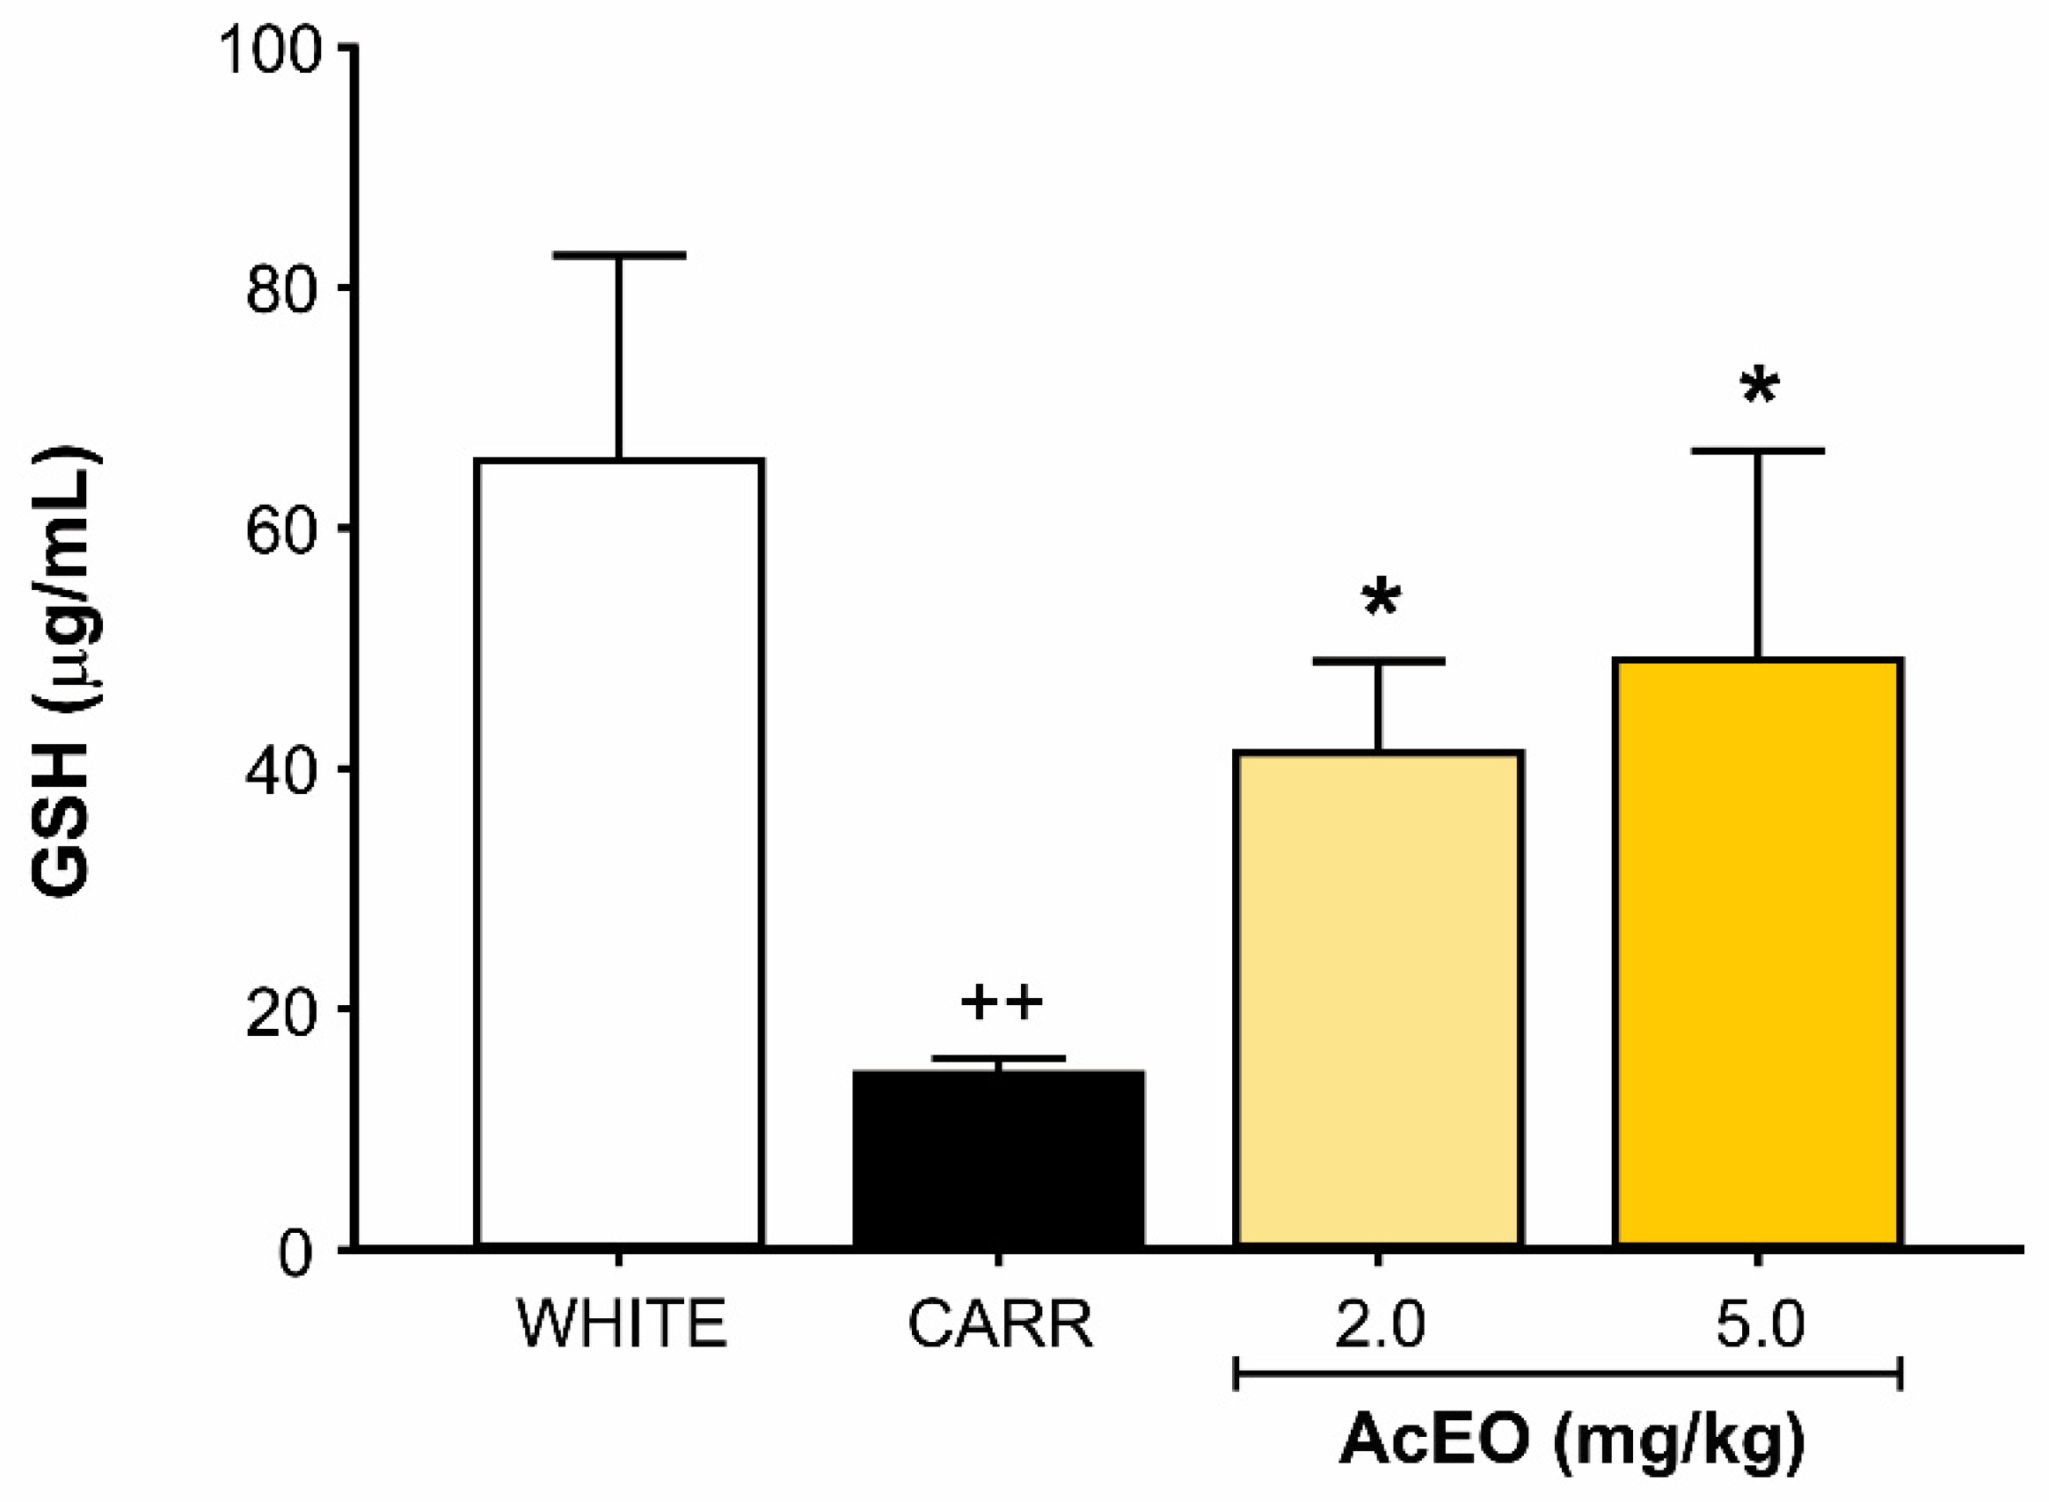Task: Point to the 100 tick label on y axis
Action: [x=270, y=50]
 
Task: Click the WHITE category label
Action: [x=622, y=1324]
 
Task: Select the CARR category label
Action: [x=1000, y=1324]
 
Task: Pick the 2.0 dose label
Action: [x=1379, y=1324]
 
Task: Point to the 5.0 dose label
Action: [x=1760, y=1324]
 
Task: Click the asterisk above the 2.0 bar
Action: [x=1381, y=600]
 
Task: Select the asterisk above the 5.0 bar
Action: [x=1759, y=390]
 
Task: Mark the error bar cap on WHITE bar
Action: [x=619, y=256]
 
